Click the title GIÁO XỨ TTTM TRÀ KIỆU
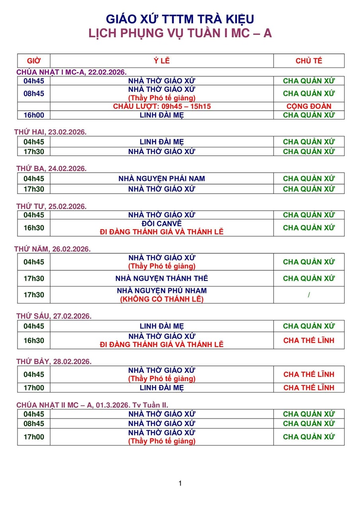point(180,19)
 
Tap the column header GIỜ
point(34,61)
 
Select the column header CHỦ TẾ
point(309,61)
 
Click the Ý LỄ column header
point(162,61)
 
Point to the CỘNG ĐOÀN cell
point(309,107)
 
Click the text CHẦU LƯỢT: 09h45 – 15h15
point(162,107)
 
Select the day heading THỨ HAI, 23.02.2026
point(51,132)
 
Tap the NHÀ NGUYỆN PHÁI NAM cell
point(162,179)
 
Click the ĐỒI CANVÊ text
point(162,223)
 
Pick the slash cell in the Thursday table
point(309,295)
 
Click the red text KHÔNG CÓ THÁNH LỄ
point(162,299)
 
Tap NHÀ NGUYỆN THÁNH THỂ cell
point(162,278)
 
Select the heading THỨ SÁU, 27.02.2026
point(54,316)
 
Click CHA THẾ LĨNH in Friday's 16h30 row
point(309,340)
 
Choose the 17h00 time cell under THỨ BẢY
point(34,388)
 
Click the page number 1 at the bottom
point(180,484)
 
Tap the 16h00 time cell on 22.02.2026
point(34,115)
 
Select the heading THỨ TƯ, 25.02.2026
point(51,206)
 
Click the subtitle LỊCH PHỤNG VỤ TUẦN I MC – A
point(180,33)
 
